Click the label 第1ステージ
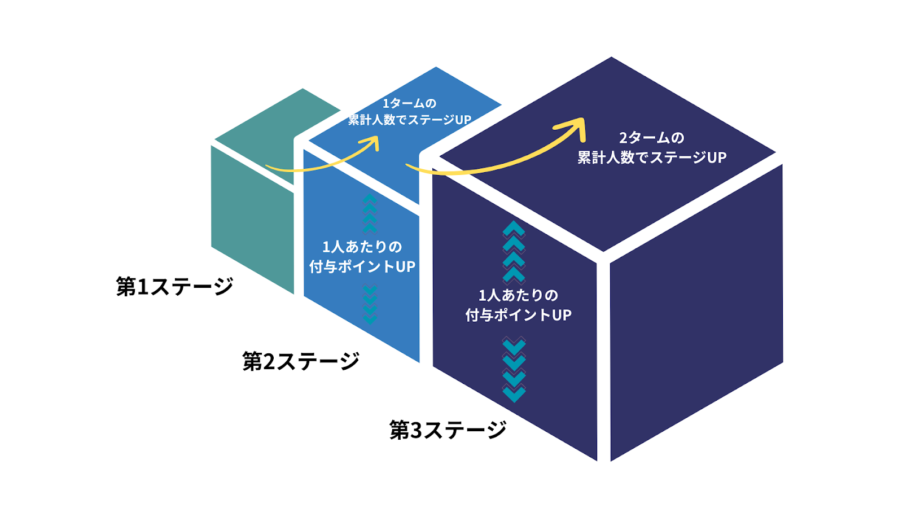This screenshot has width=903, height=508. pos(174,286)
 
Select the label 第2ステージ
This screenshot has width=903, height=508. pos(301,361)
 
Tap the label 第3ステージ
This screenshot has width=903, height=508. pos(448,430)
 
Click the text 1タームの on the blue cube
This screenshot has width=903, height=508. pos(410,103)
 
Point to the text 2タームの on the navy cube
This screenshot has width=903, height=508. pos(652,138)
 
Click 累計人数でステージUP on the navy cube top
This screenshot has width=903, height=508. pos(652,157)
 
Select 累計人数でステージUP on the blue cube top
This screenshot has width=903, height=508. pos(410,120)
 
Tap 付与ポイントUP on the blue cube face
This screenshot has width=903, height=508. pos(362,266)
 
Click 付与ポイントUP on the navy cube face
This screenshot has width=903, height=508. pos(519,315)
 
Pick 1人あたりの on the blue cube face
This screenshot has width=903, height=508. pos(362,247)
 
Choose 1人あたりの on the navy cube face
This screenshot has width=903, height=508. pos(519,295)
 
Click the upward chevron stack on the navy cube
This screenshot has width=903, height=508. pos(514,251)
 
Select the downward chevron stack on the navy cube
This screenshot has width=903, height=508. pos(514,370)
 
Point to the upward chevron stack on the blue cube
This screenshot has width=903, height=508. pos(370,213)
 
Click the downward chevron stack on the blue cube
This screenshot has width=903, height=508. pos(370,305)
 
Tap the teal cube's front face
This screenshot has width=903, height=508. pos(252,220)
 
